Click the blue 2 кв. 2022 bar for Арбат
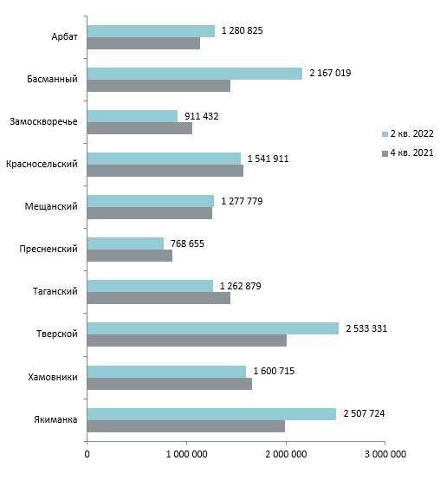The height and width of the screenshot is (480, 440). tap(151, 31)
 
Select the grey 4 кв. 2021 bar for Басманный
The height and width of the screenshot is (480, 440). tap(159, 86)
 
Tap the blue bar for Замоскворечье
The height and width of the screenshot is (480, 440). tap(133, 116)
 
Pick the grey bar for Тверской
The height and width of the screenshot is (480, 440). tap(187, 341)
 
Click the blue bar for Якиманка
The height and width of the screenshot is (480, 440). tap(211, 414)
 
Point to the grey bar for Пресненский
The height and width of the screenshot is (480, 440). tap(130, 256)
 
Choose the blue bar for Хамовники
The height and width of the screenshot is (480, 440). tap(166, 372)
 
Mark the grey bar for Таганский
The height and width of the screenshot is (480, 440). tap(159, 298)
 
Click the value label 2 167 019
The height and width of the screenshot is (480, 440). tap(330, 73)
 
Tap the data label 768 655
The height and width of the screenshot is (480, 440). tap(187, 243)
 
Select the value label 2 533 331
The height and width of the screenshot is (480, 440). tap(366, 328)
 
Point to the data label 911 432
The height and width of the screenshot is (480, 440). tap(201, 116)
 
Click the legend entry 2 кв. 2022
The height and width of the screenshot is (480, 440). tap(408, 133)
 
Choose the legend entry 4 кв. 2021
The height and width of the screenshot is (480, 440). tap(408, 152)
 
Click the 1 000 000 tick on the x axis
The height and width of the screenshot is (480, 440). tap(186, 454)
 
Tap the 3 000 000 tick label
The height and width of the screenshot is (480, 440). tap(385, 454)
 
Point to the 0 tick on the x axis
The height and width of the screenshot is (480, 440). tap(87, 454)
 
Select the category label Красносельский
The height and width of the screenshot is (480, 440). tap(42, 164)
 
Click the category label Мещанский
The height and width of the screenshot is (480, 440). tap(51, 206)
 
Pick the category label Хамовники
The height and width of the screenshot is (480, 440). tap(53, 377)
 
